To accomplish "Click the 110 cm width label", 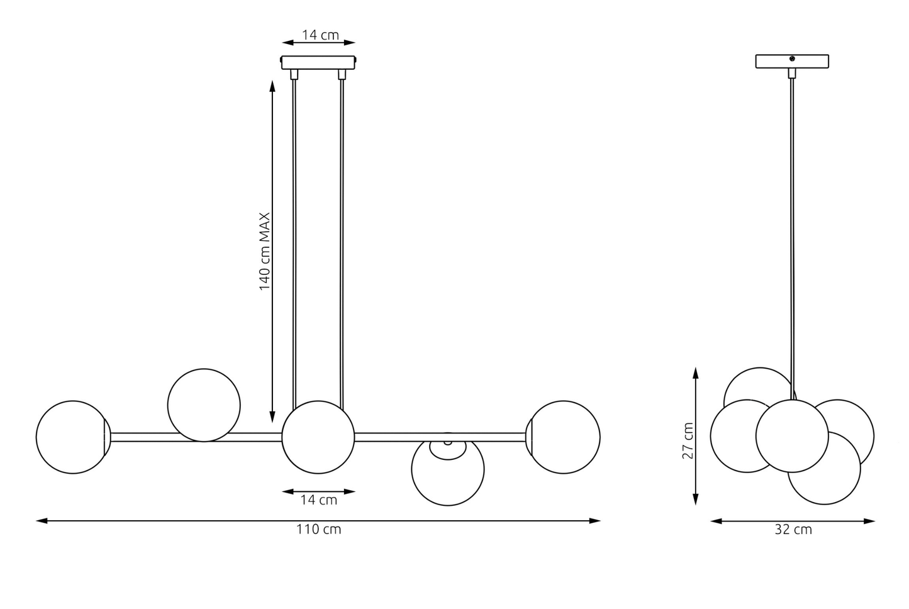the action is coord(318,530).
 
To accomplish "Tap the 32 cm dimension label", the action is coord(793,530).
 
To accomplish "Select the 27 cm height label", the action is coord(688,441).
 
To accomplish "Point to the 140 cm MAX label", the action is coord(265,252).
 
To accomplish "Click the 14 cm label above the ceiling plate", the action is coord(320,35).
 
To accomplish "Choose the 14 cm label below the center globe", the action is coord(318,500).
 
